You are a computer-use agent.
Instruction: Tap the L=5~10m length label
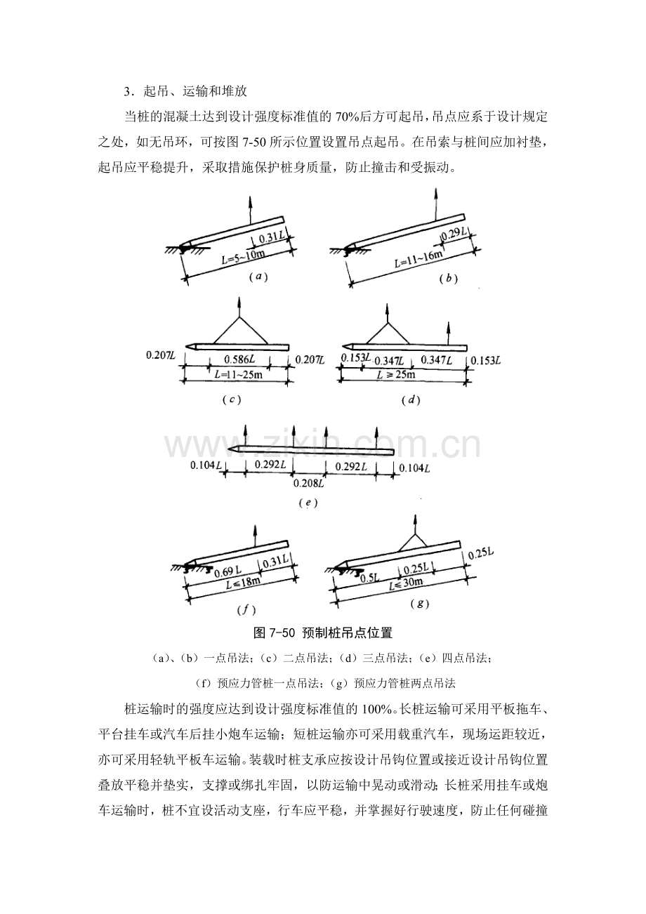243,257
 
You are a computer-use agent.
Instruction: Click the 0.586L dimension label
239,359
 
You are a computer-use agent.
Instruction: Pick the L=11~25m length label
239,374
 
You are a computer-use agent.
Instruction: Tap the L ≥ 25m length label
395,374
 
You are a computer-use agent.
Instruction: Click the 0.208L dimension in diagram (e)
309,484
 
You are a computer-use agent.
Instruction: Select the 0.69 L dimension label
228,571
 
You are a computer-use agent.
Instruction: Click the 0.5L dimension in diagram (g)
371,578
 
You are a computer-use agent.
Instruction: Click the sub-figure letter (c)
232,400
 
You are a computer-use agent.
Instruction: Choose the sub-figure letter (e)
308,503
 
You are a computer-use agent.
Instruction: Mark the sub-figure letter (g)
420,604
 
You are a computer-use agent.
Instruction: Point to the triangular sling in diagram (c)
240,331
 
